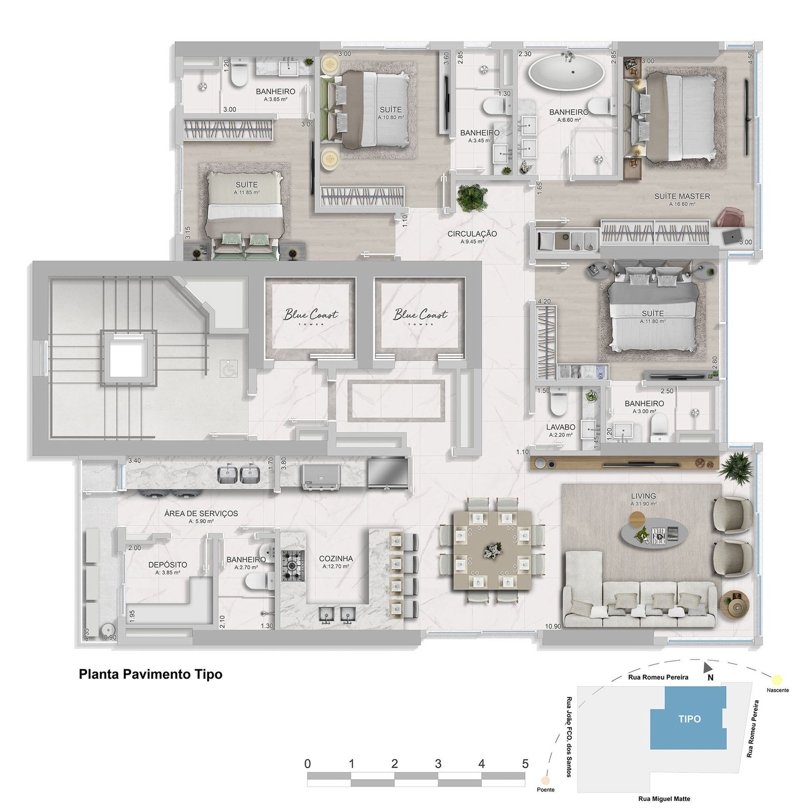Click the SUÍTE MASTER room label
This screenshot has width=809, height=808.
click(682, 196)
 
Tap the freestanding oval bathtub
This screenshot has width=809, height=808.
click(566, 72)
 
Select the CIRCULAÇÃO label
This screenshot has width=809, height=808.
click(472, 234)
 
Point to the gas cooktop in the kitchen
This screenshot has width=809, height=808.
click(293, 565)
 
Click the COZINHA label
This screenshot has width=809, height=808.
click(336, 559)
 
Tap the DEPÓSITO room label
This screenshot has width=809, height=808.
click(167, 565)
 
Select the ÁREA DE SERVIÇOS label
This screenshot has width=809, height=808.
click(201, 513)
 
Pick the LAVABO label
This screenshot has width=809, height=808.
click(560, 427)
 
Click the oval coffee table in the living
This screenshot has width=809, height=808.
click(654, 533)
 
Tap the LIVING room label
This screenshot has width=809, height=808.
click(643, 496)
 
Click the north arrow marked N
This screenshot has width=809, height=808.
click(708, 669)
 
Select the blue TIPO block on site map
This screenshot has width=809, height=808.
click(689, 719)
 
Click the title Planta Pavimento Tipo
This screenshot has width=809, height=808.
click(150, 675)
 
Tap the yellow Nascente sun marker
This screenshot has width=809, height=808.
click(777, 680)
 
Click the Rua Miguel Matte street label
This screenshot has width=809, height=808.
click(663, 799)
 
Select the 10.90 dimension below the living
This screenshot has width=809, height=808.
click(553, 626)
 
